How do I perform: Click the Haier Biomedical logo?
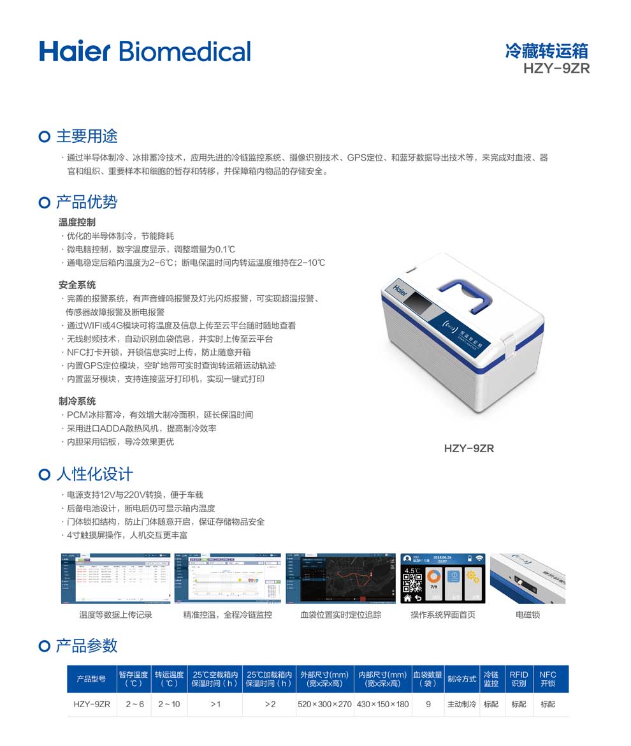tap(145, 51)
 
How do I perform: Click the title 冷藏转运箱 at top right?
tap(546, 51)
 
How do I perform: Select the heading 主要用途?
tap(87, 136)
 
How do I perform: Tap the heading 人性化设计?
tap(94, 474)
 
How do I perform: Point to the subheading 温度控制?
tap(77, 222)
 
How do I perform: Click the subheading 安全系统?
tap(77, 284)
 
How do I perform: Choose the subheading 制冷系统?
tap(77, 401)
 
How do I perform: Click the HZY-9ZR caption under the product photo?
tap(468, 448)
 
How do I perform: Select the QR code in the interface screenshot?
tap(413, 583)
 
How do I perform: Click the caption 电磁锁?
tap(527, 615)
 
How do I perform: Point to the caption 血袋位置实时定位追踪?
tap(341, 615)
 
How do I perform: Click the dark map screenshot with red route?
tap(341, 578)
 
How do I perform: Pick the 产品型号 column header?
tap(91, 679)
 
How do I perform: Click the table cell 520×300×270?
tap(324, 705)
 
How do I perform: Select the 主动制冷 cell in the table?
tap(461, 705)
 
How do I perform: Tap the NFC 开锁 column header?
tap(548, 679)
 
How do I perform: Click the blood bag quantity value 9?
tap(428, 705)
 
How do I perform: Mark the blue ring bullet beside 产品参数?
tap(44, 646)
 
